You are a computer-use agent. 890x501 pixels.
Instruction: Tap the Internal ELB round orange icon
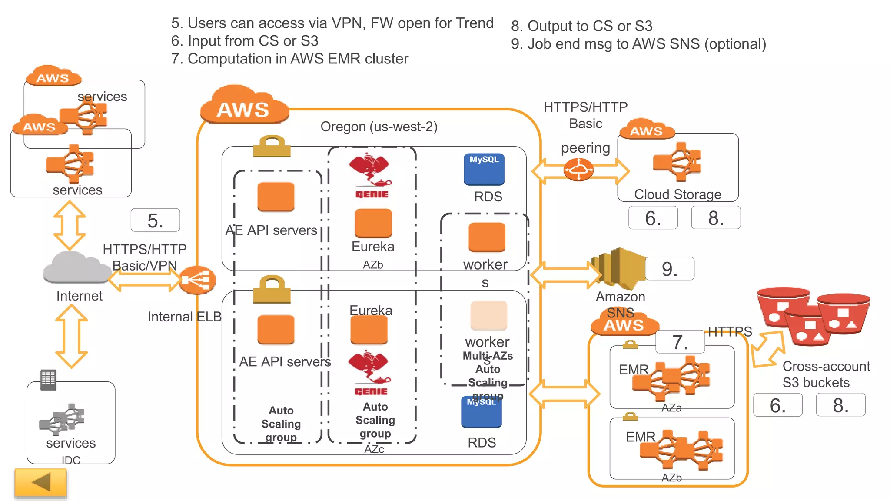198,280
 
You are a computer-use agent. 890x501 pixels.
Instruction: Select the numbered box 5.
155,220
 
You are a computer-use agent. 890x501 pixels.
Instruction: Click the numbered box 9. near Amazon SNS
669,269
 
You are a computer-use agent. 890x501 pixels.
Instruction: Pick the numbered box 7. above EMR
680,342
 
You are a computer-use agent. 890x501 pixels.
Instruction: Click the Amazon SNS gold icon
619,267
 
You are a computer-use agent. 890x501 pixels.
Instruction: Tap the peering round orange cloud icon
578,170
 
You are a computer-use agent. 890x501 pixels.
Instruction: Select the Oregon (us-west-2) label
379,127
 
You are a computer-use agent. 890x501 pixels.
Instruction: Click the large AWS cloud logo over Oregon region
244,106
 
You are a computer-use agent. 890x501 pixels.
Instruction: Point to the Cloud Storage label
677,194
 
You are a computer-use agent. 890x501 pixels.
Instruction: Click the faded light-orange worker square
488,315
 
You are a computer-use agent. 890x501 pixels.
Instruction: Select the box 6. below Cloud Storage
653,218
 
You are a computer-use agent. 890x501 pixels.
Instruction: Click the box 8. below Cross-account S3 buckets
840,405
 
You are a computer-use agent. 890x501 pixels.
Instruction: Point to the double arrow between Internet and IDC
72,336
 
